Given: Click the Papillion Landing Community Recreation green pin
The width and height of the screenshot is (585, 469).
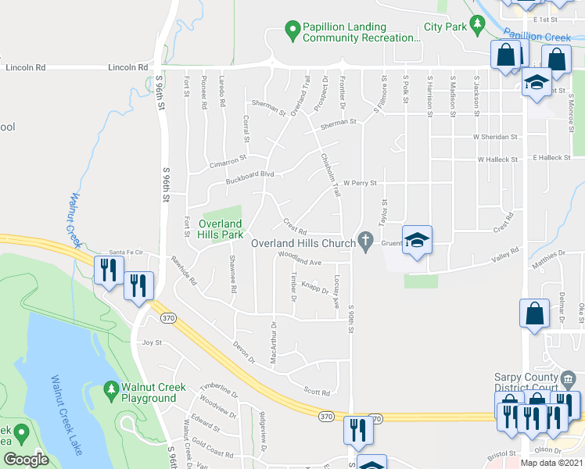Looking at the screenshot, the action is [x=292, y=31].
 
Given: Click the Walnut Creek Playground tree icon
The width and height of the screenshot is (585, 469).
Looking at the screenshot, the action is [x=111, y=389].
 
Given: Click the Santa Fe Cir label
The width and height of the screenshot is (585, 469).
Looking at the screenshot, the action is [x=127, y=252].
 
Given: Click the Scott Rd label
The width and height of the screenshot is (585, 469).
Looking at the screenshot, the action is [x=317, y=392].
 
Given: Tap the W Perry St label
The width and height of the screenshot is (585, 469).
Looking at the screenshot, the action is [x=360, y=183].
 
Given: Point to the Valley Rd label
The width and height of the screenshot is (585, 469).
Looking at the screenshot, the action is [x=505, y=256].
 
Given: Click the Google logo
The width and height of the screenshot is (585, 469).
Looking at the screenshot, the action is [x=26, y=460].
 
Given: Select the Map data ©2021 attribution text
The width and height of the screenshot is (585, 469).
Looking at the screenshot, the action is [x=551, y=463].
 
